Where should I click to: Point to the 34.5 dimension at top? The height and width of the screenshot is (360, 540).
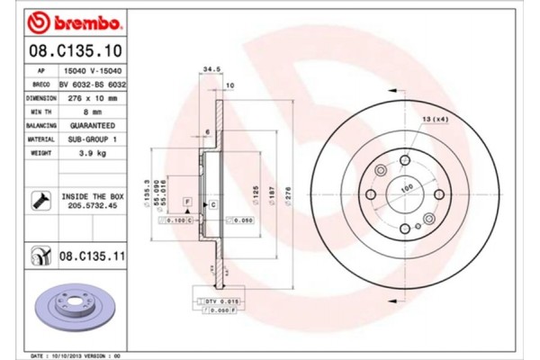[212, 67]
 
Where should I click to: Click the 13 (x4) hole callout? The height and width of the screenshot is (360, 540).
[435, 120]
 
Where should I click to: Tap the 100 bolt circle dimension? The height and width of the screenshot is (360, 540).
[406, 187]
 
